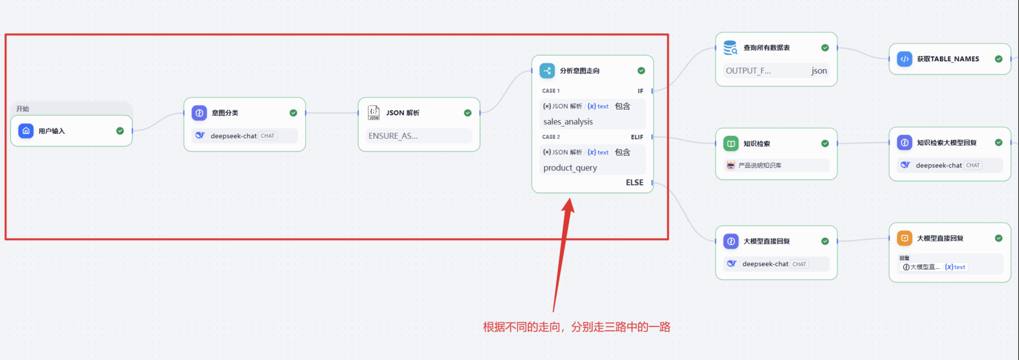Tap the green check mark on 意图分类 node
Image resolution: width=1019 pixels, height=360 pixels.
pos(293,113)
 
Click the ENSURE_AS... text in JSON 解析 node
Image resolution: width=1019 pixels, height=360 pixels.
pos(393,136)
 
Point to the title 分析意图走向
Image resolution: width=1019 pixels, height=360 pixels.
pos(579,71)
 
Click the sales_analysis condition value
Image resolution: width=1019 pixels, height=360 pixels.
pos(568,121)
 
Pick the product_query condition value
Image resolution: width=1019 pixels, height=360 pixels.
pos(570,168)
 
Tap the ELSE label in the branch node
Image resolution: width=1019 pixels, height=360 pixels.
pos(635,183)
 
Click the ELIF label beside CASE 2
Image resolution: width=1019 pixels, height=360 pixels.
pos(637,137)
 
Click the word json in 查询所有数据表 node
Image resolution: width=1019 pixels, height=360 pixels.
pos(819,71)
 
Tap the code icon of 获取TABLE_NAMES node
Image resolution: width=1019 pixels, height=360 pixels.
pos(904,59)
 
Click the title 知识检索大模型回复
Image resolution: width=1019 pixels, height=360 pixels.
pos(947,142)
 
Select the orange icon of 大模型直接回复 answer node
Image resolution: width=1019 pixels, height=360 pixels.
pos(904,238)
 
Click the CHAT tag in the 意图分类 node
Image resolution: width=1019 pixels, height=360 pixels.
pos(267,136)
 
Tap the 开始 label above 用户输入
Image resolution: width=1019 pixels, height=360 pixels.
pos(23,109)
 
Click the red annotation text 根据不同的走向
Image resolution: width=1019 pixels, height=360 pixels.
pos(521,327)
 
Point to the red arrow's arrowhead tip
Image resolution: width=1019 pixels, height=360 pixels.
pos(570,198)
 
